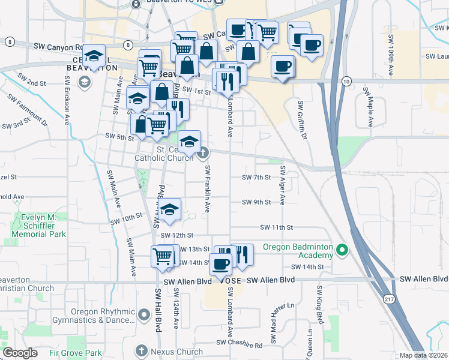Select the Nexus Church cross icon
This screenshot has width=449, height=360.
142,350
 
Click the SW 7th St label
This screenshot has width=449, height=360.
257,178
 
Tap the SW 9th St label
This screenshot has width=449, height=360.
257,202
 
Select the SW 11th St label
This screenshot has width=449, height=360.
276,227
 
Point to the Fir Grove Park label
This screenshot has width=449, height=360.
76,353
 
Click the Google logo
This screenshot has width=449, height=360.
20,353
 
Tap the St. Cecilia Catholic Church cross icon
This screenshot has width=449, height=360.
203,152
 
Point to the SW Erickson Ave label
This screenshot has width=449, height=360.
66,107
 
